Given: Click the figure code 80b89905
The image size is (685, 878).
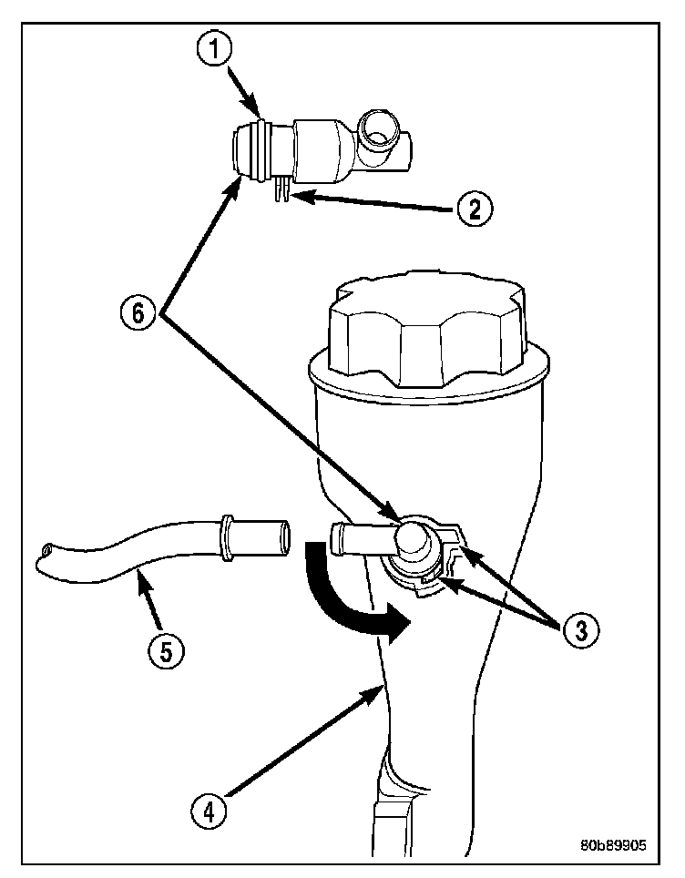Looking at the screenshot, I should pos(612,844).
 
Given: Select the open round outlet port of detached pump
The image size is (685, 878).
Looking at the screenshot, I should pos(376,129).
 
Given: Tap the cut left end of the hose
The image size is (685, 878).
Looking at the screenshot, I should pos(46,555).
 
